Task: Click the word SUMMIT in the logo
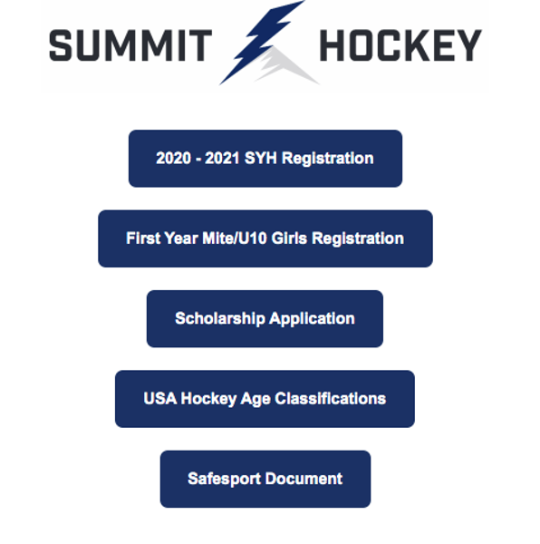tap(130, 45)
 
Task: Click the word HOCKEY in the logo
tap(400, 45)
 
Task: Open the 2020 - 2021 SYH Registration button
tap(265, 159)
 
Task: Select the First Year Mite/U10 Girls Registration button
tap(265, 238)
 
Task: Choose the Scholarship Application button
tap(265, 319)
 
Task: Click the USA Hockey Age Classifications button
tap(265, 399)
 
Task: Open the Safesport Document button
tap(265, 479)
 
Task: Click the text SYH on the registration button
tap(261, 158)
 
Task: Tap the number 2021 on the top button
tap(223, 158)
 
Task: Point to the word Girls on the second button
tap(289, 238)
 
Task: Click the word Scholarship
tap(220, 319)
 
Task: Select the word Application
tap(312, 319)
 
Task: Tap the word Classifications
tap(331, 399)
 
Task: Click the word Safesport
tap(225, 480)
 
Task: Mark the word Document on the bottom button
tap(304, 479)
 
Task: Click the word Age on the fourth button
tap(256, 399)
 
